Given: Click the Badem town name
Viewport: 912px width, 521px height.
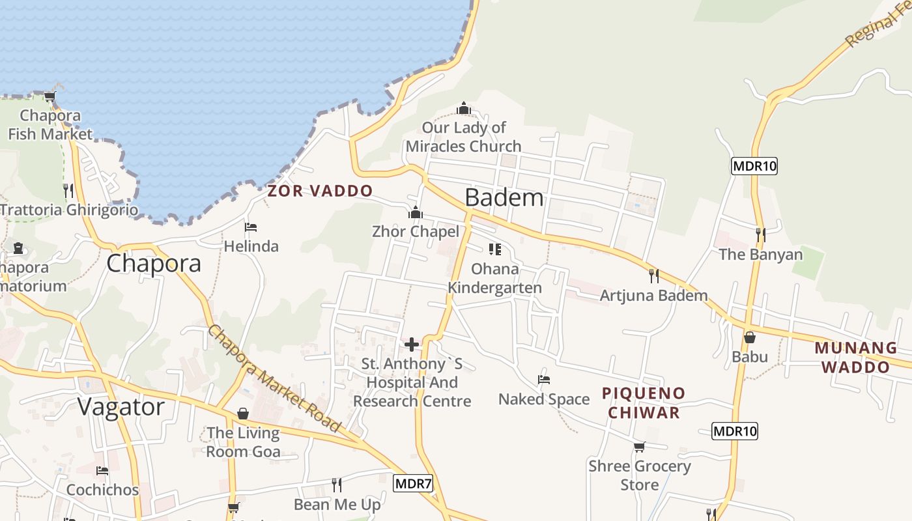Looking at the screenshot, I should [x=504, y=197].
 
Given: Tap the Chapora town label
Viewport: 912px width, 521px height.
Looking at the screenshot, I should [x=153, y=263].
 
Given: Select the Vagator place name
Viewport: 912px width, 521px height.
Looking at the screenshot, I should [x=121, y=407].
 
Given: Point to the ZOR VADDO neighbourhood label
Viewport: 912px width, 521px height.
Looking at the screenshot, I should [x=320, y=191].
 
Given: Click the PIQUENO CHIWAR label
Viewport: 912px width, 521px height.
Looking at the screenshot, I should [x=643, y=402].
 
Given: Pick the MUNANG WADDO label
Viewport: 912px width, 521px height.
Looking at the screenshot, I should [x=855, y=357].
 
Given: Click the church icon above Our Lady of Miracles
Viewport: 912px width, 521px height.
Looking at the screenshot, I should [x=464, y=107].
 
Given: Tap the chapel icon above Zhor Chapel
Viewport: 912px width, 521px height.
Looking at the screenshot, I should [x=415, y=212].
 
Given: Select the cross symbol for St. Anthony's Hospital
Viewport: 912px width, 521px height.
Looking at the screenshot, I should [x=412, y=345].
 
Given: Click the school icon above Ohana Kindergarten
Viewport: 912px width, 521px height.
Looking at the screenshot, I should [x=495, y=249].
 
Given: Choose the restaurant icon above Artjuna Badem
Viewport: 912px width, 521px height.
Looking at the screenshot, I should [x=653, y=276].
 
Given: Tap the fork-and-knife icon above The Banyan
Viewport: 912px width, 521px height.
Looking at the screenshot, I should [x=760, y=234].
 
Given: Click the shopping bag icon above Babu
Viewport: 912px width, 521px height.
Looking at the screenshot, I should [x=750, y=337].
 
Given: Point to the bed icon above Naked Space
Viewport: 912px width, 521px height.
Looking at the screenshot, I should [x=544, y=379].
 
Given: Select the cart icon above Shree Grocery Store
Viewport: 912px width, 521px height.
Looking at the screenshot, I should [x=639, y=447].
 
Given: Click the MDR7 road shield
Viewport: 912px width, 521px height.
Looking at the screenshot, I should [x=413, y=483].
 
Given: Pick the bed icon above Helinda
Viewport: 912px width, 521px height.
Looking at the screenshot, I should [x=251, y=227].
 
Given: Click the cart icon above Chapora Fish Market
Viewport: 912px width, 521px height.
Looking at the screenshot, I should [x=50, y=97].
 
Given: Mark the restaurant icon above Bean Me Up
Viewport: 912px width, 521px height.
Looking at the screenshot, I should [x=337, y=485].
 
